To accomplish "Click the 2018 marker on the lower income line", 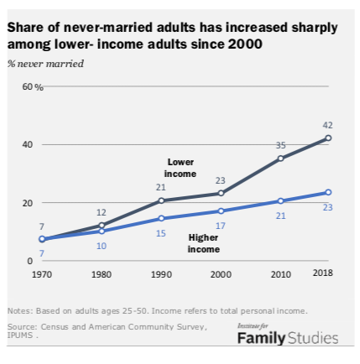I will pos(328,138).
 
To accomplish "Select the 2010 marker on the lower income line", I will pos(280,159).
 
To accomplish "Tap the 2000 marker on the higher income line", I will pos(221,211).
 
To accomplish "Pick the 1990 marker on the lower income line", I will pos(161,200).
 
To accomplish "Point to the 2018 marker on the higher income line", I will pos(328,193).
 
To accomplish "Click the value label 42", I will pos(328,125).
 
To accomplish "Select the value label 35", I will pos(280,145).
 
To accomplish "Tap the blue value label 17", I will pos(221,225).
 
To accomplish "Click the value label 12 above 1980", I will pos(102,212).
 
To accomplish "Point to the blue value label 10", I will pos(102,245).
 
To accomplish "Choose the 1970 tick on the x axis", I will pos(42,273).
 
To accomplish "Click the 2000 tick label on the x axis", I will pos(221,273).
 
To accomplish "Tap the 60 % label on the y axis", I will pos(33,87).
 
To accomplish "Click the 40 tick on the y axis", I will pos(28,145).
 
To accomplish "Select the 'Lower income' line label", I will pos(180,168).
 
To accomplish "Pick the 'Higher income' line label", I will pos(204,243).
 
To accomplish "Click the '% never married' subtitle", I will pos(45,64).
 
